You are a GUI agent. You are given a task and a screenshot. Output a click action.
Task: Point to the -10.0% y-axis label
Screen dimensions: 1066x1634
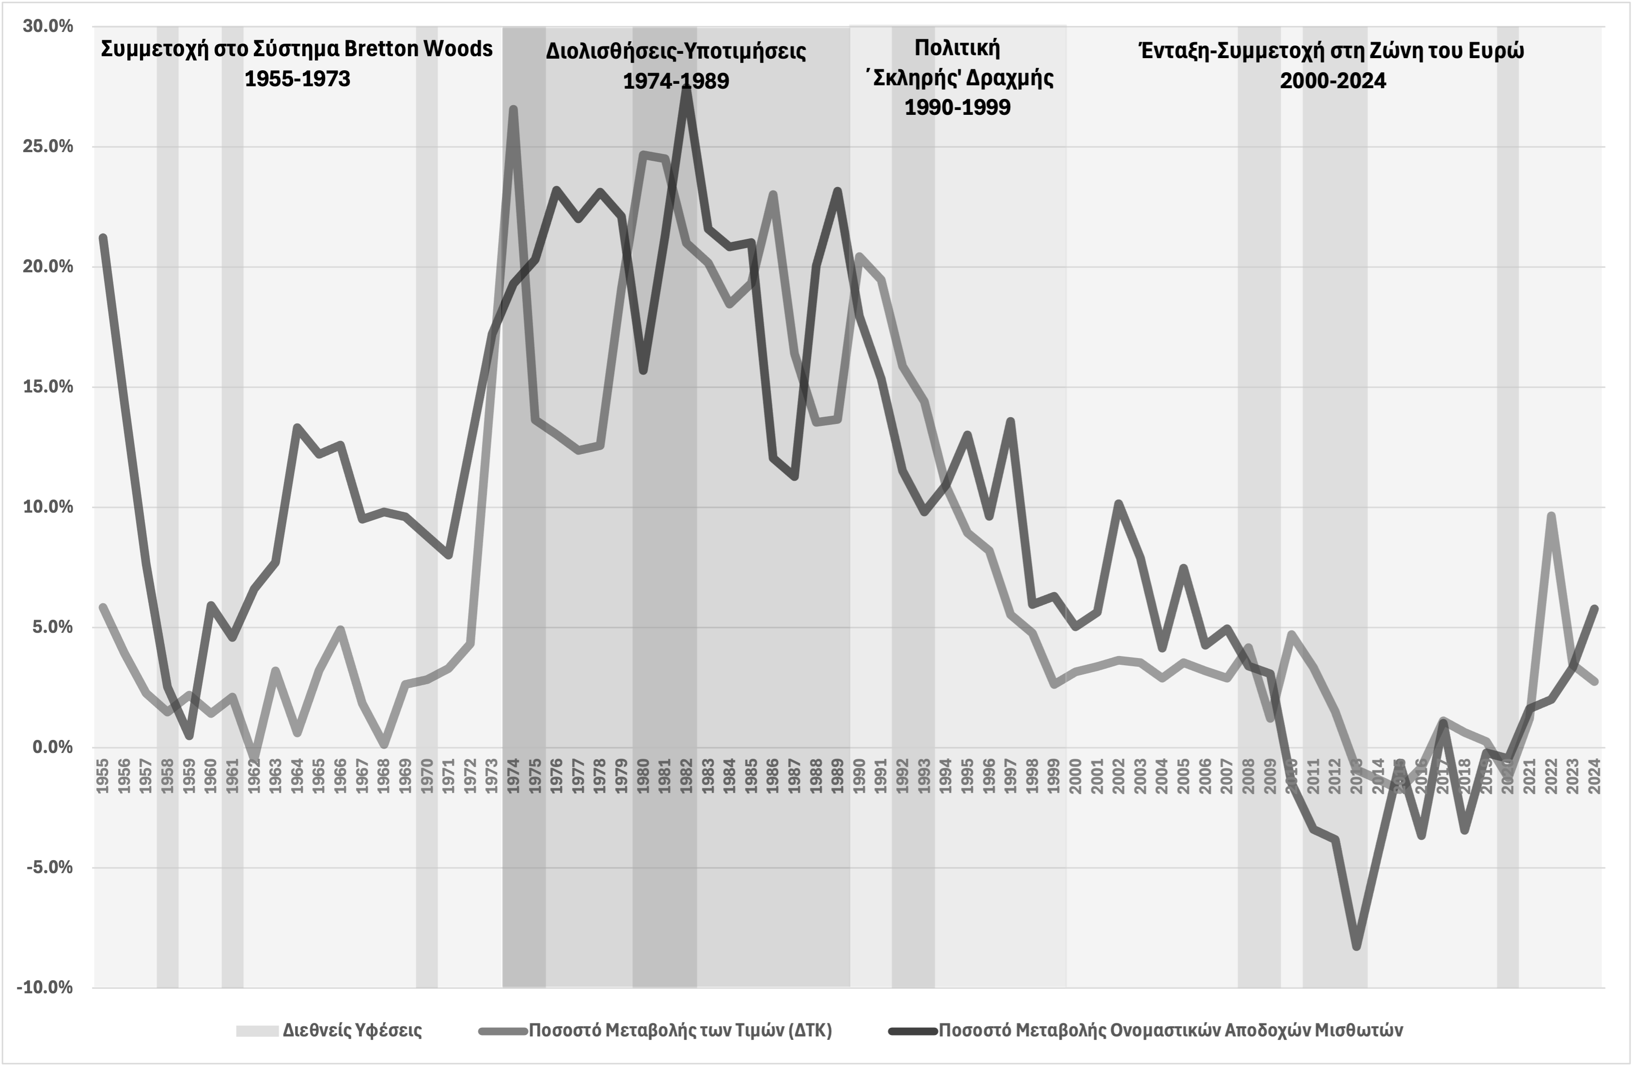[x=45, y=988]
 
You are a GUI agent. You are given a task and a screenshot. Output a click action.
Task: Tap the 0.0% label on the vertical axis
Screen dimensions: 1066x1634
[x=52, y=747]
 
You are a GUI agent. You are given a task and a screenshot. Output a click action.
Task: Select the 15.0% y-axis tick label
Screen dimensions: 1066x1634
[x=47, y=387]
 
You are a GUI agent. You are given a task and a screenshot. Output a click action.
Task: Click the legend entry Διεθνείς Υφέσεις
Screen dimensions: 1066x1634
[x=352, y=1030]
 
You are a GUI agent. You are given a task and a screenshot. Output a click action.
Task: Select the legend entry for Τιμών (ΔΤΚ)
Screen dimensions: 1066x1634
[x=680, y=1030]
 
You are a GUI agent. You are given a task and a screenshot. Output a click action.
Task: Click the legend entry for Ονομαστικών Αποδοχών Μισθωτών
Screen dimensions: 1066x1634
[x=1170, y=1030]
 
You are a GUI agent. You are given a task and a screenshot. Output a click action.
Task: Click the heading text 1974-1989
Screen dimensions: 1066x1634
[x=676, y=81]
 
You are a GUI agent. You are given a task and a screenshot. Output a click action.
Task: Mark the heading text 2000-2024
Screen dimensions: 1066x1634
[x=1333, y=81]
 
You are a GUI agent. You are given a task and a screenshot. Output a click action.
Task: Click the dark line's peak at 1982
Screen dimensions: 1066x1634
[x=686, y=88]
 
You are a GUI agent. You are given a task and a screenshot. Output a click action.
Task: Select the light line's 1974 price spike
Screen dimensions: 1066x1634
[x=514, y=109]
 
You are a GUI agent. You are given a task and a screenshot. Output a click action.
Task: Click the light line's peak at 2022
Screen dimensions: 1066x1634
[x=1551, y=515]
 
